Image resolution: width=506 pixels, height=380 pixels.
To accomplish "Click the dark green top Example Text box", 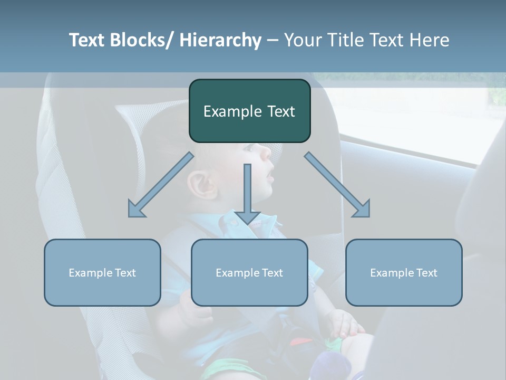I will click(249, 111).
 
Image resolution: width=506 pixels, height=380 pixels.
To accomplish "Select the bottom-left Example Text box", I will click(102, 272).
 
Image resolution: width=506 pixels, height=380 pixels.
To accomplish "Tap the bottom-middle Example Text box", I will click(249, 272).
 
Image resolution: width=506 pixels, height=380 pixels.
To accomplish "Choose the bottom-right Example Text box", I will click(404, 272).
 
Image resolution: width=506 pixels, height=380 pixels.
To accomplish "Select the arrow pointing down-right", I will click(337, 185).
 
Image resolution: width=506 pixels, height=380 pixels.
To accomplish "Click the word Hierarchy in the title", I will click(220, 40).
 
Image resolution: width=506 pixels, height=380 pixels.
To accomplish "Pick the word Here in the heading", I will click(430, 40).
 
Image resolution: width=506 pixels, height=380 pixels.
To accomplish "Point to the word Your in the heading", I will click(302, 40).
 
